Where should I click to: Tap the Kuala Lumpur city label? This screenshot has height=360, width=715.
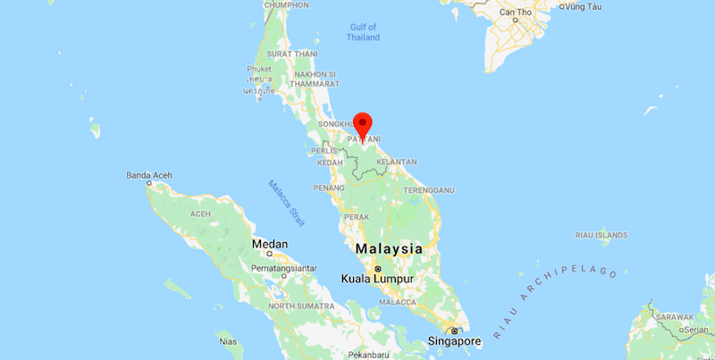[x=378, y=280]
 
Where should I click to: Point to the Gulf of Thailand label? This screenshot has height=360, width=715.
[x=364, y=32]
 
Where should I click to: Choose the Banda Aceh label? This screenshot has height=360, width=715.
[x=147, y=174]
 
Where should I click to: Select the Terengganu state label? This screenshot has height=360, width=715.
[x=429, y=189]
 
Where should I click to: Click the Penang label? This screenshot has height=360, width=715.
[x=329, y=188]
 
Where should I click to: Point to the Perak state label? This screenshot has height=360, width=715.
[x=356, y=217]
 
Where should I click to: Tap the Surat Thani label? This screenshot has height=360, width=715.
[x=292, y=54]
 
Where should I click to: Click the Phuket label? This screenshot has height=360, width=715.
[x=259, y=69]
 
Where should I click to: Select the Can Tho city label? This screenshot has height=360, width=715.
[x=516, y=12]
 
